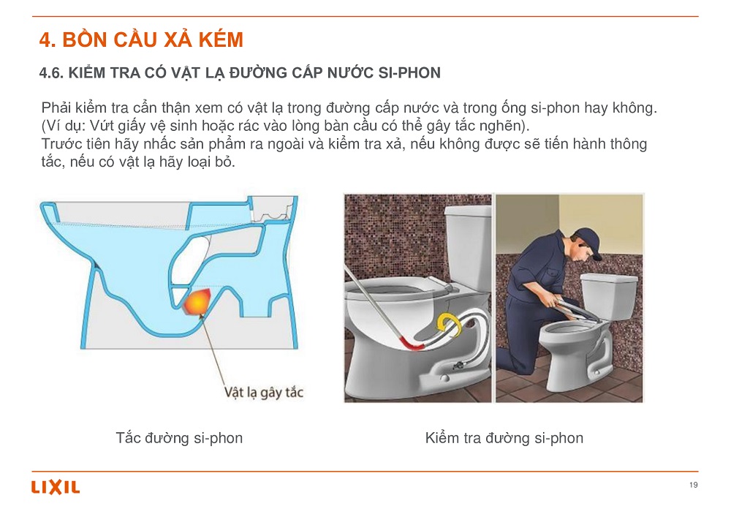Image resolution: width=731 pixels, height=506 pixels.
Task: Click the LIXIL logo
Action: click(56, 487)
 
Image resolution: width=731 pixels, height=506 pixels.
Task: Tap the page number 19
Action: click(693, 485)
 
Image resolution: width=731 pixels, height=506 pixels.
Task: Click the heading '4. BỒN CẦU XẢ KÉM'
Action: click(141, 39)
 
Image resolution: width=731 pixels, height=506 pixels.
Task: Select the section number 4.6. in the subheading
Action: click(51, 72)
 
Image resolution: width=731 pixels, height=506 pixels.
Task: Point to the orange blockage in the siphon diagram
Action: click(197, 302)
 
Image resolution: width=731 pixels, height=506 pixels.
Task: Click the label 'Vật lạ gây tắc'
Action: click(264, 392)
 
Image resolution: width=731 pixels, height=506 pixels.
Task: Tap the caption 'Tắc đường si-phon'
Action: click(179, 438)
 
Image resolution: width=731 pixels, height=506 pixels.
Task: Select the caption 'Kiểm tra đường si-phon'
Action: click(504, 438)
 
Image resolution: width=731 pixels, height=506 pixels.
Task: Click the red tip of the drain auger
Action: click(411, 344)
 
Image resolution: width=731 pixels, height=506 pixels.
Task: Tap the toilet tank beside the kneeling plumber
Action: click(609, 297)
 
